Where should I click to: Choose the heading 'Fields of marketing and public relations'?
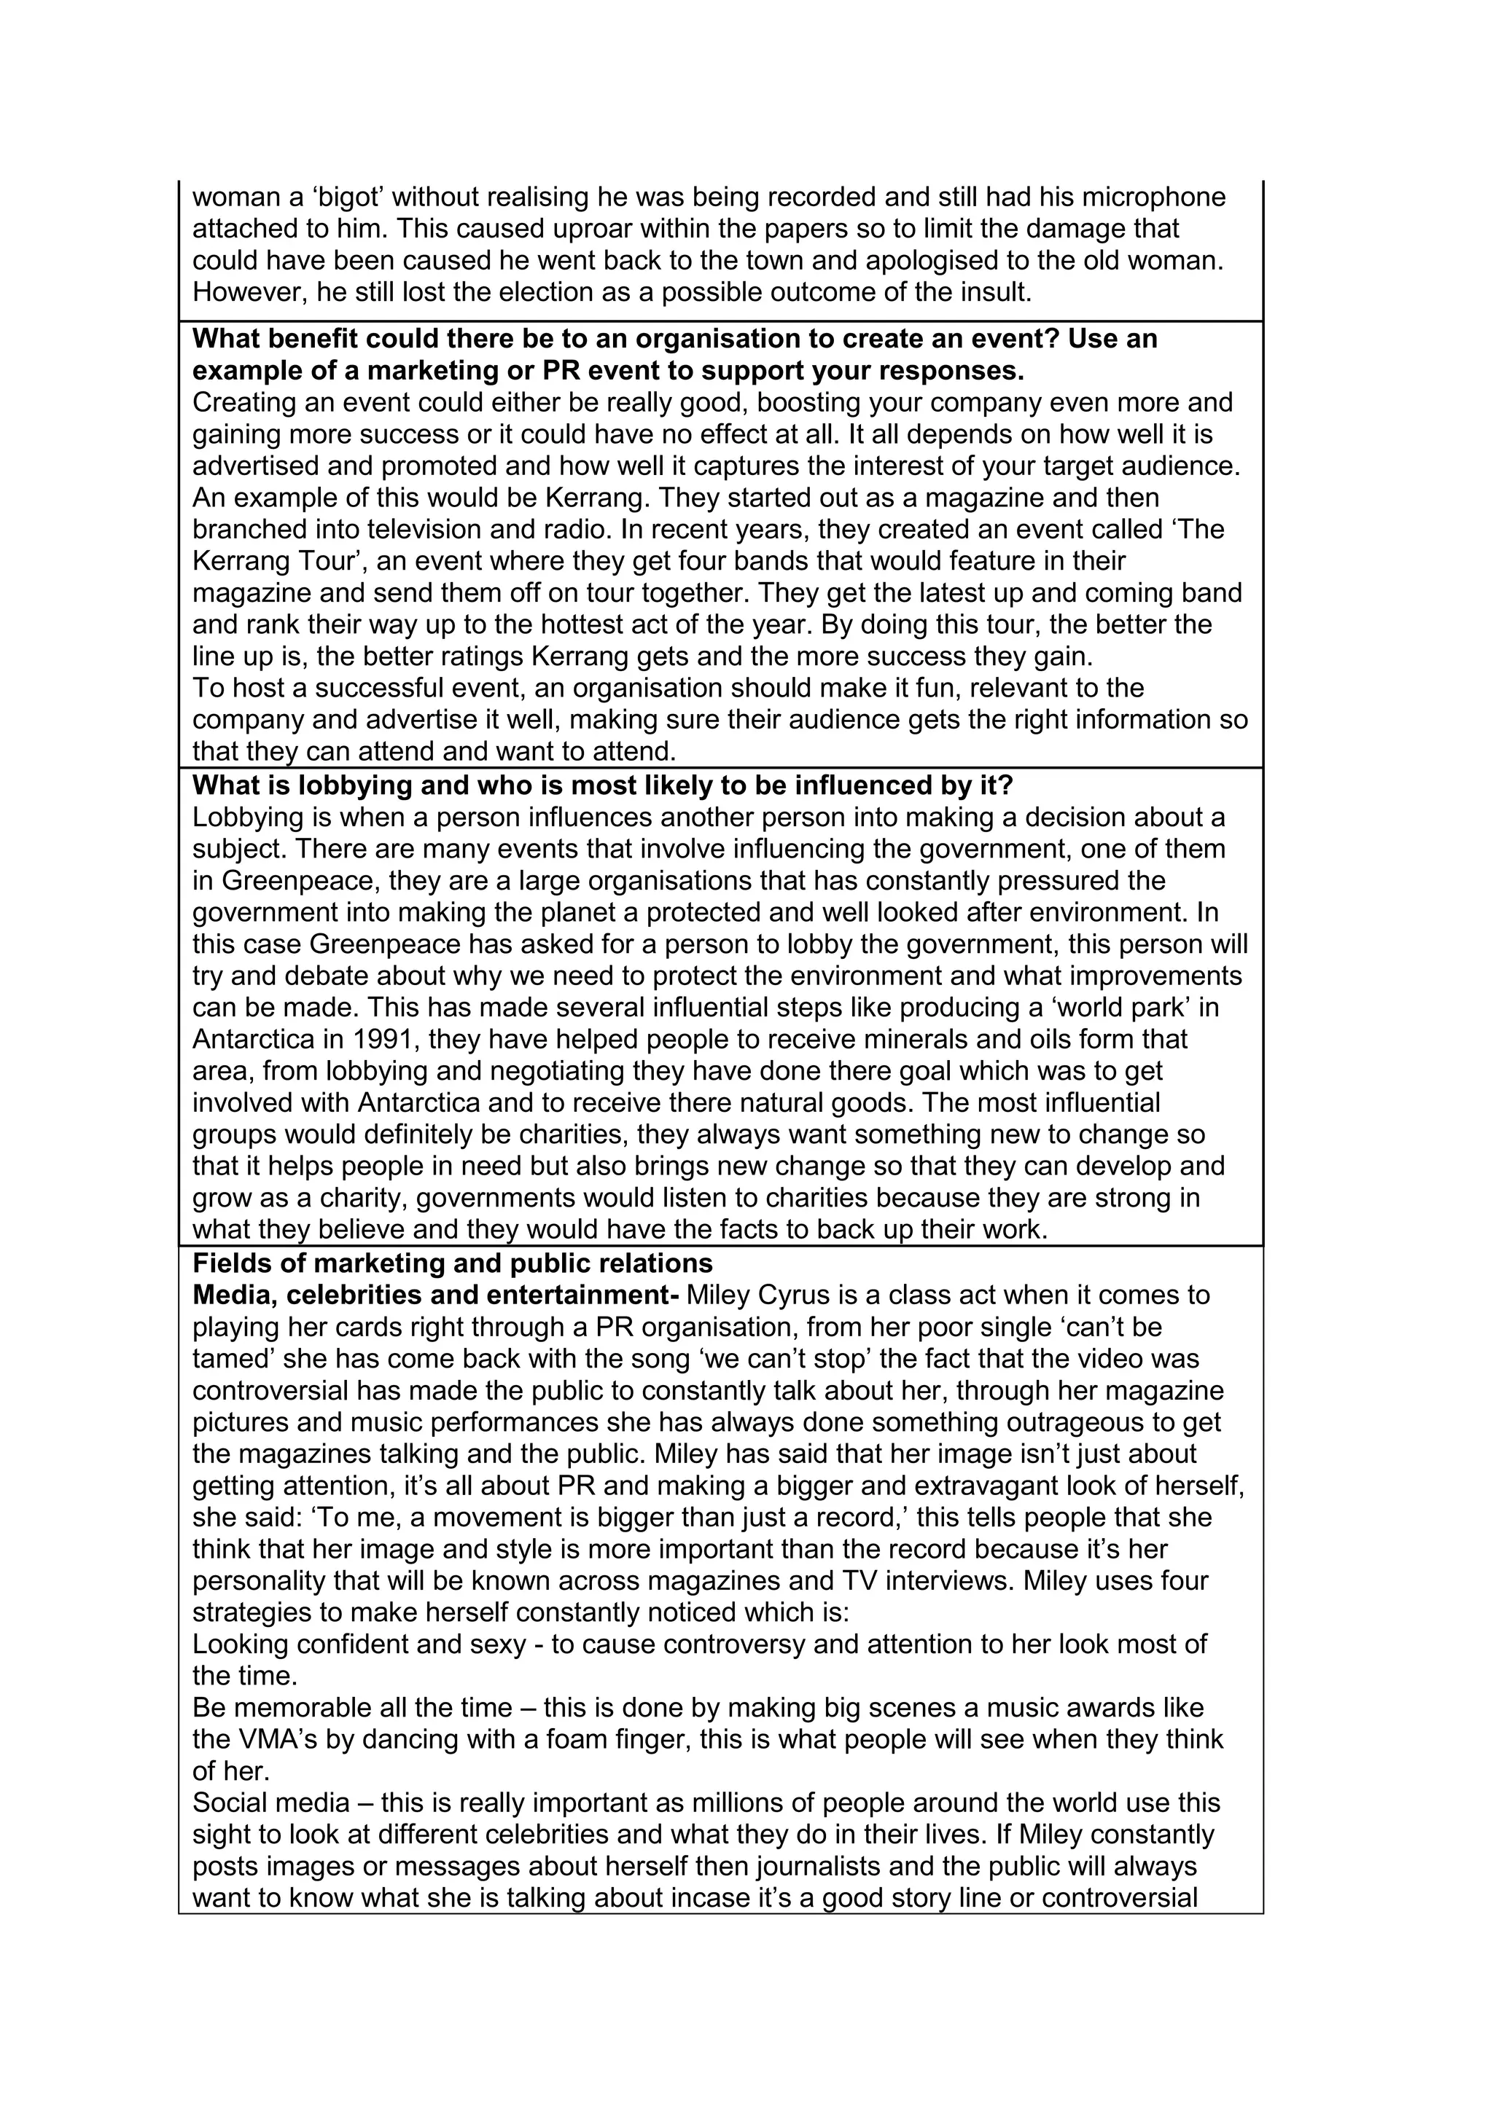point(452,1263)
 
